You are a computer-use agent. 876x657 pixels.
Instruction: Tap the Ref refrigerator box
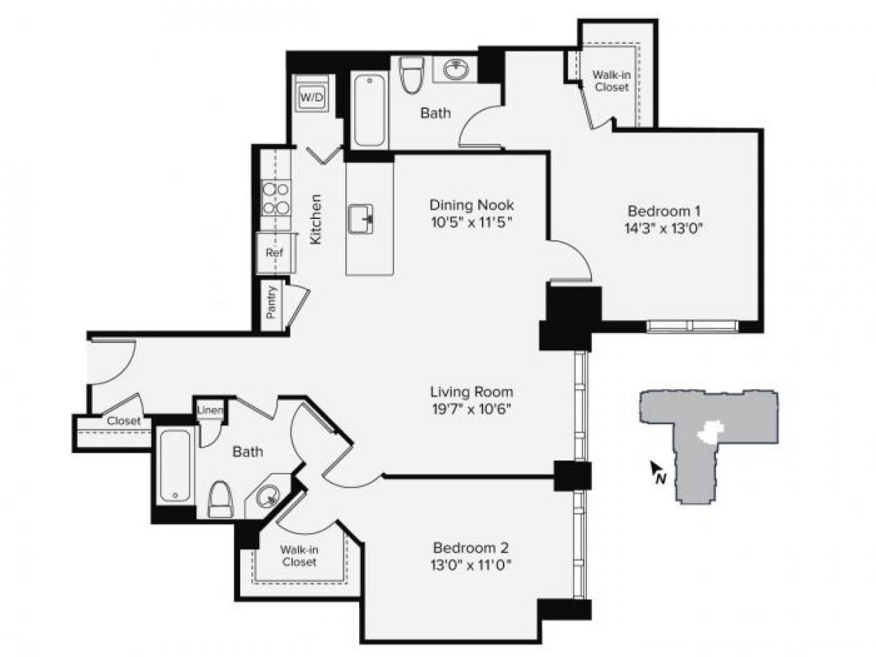(x=274, y=253)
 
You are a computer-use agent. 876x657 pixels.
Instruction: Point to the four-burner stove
(x=276, y=199)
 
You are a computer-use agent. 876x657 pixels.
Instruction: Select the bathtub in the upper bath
(x=369, y=109)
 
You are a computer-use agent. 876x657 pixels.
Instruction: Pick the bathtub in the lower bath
(x=175, y=466)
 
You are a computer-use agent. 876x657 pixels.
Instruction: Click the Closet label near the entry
(x=123, y=421)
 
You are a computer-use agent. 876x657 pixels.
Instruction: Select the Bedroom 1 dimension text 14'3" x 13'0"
(x=663, y=227)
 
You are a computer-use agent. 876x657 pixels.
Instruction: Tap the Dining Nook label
(x=472, y=204)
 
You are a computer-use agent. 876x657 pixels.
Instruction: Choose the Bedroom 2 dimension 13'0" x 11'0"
(x=470, y=564)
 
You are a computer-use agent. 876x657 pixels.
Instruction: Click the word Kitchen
(x=316, y=218)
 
